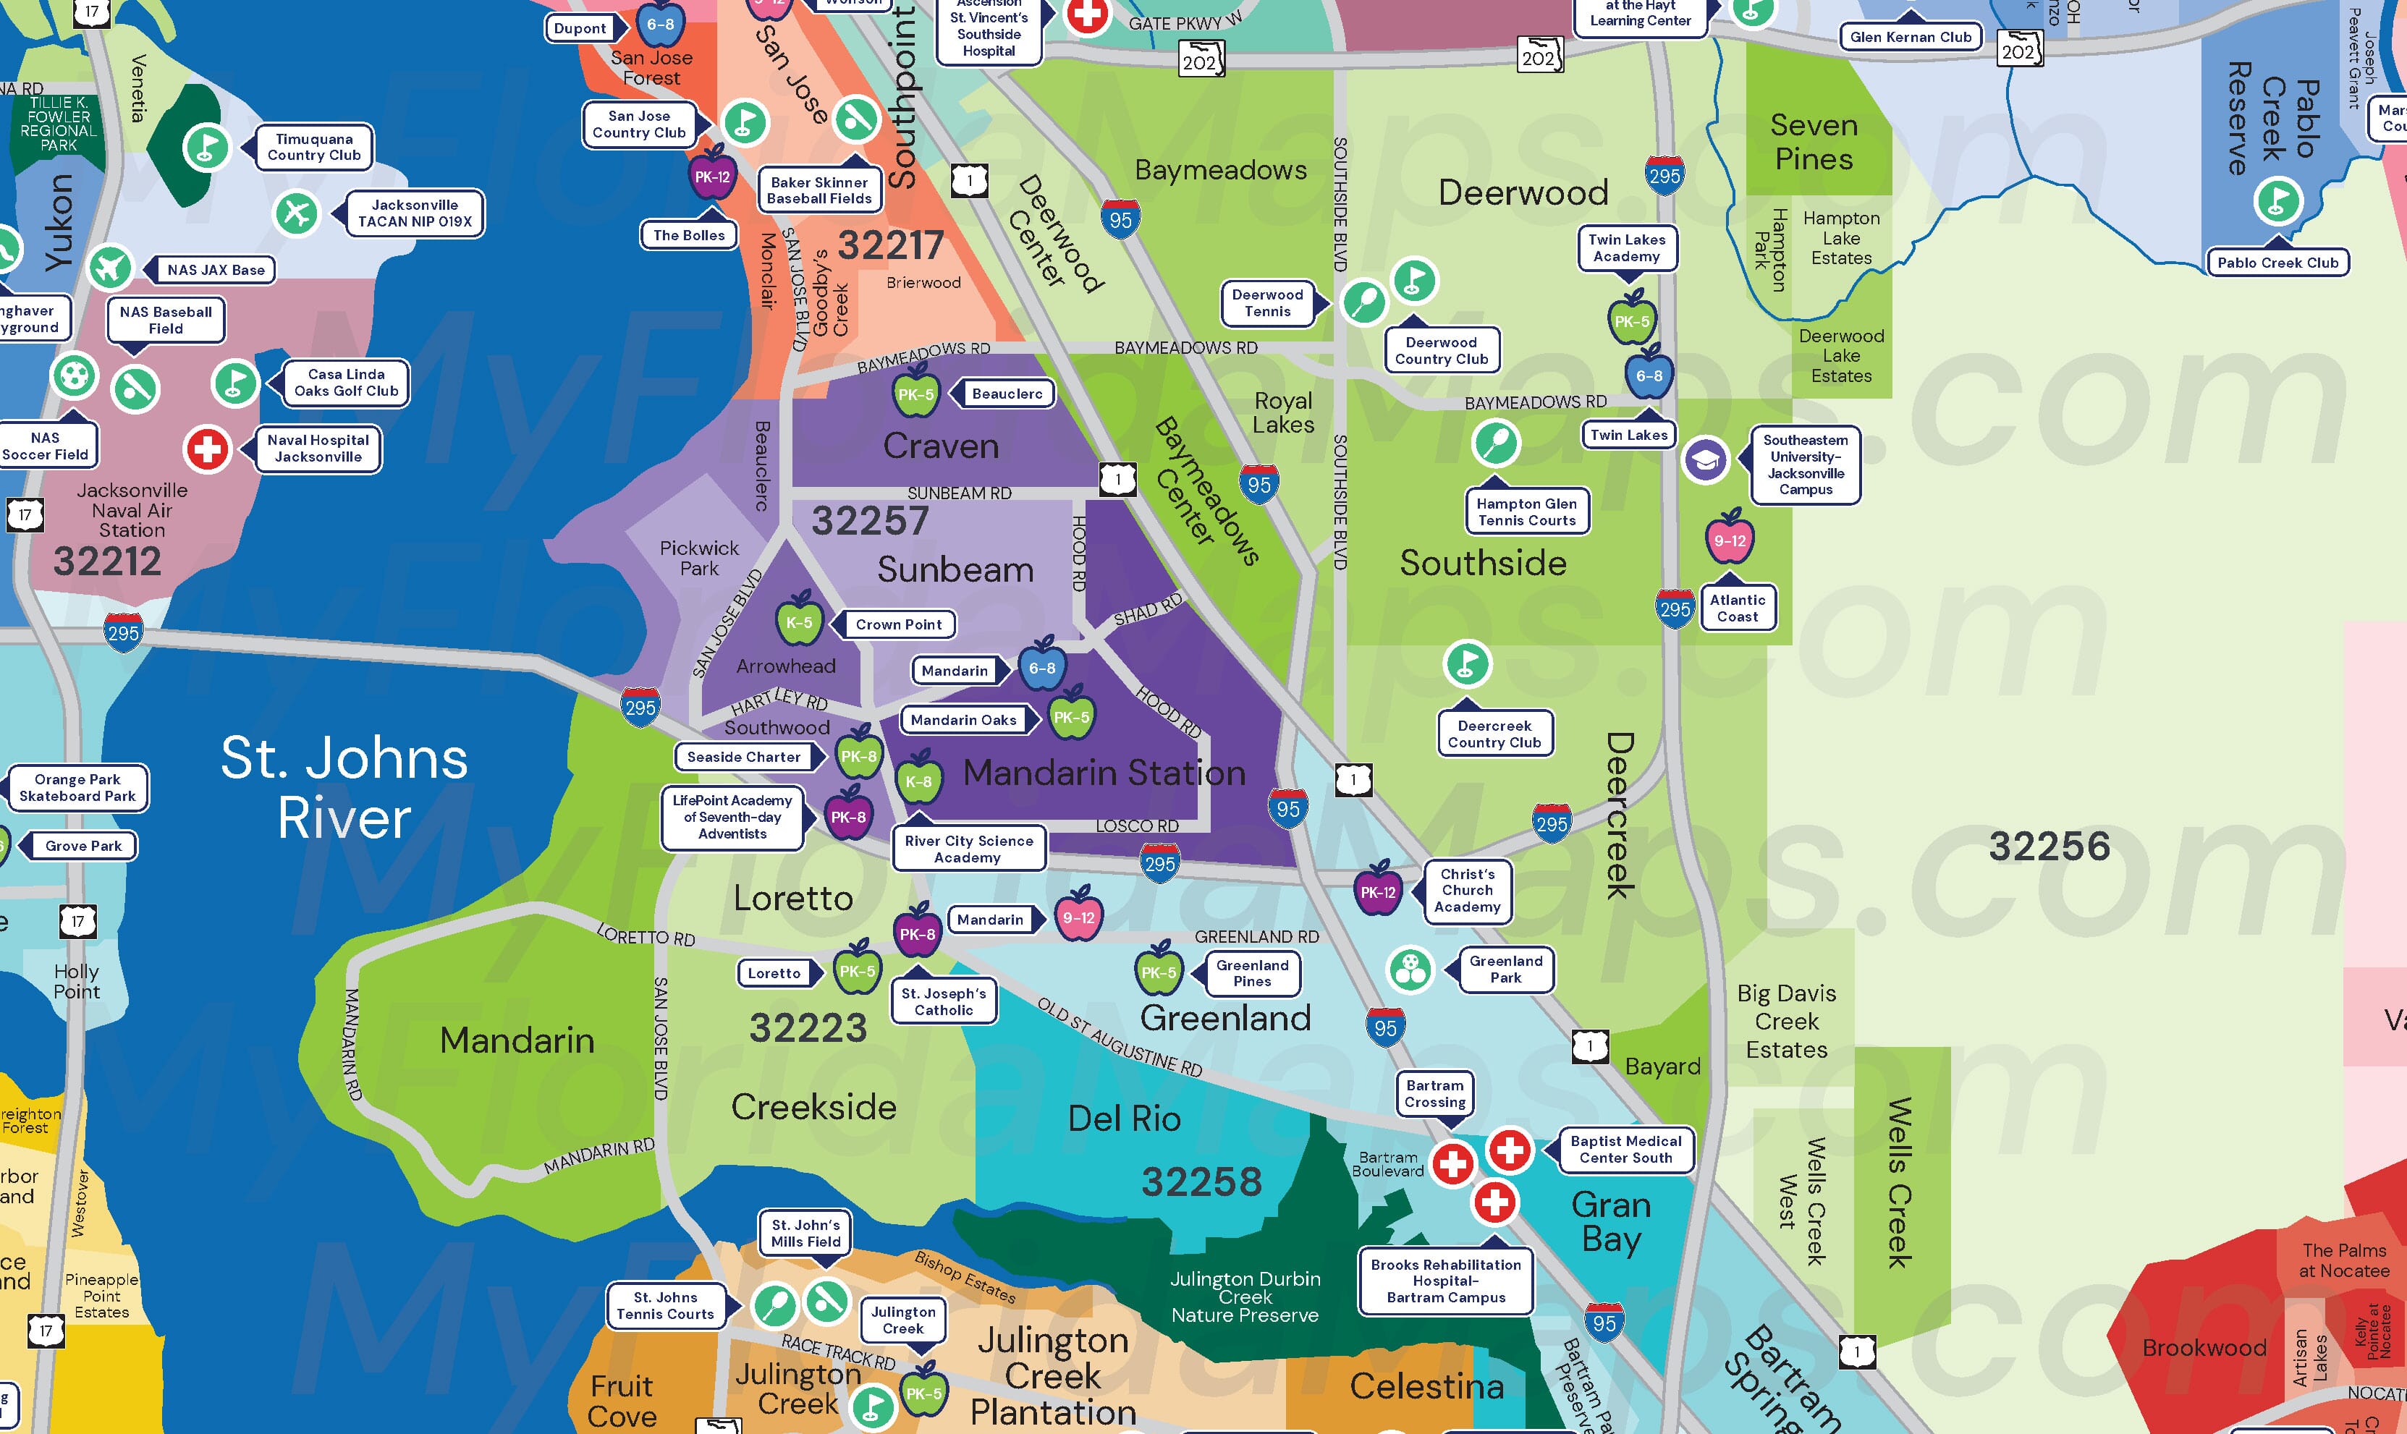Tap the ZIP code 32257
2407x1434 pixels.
(870, 521)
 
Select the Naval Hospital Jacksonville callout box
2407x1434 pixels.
(319, 449)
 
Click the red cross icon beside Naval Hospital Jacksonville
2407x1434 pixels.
(207, 449)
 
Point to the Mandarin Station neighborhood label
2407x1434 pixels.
(1104, 773)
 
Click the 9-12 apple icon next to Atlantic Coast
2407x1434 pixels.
(1729, 539)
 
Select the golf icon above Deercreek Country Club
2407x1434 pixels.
(1467, 664)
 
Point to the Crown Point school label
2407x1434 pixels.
(899, 624)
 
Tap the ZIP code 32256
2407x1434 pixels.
(2049, 847)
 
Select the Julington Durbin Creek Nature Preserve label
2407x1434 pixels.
(1245, 1297)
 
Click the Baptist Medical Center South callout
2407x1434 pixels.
(1625, 1149)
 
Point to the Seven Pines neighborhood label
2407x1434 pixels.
(1814, 142)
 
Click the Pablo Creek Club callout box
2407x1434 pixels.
(2277, 263)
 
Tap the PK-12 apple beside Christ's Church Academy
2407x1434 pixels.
(1378, 891)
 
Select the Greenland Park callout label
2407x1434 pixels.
(1505, 968)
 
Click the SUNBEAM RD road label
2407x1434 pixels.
(959, 493)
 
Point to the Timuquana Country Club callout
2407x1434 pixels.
(314, 147)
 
